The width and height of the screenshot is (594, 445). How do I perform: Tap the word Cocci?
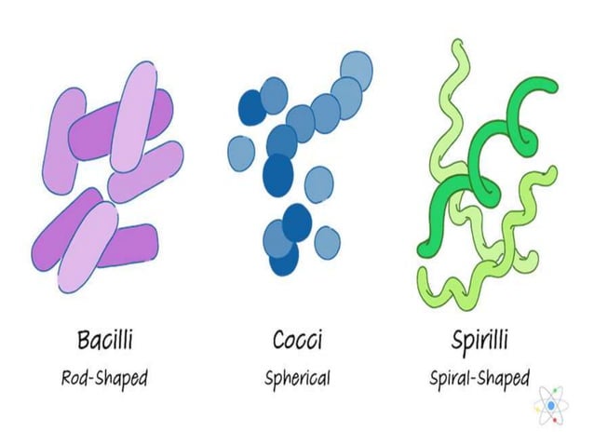[x=297, y=341]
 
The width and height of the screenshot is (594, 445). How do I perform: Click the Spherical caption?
[x=297, y=378]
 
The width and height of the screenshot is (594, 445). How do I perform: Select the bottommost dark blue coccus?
[x=284, y=259]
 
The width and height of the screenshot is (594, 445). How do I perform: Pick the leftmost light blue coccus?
[x=241, y=152]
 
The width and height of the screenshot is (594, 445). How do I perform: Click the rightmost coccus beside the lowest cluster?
[x=327, y=243]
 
